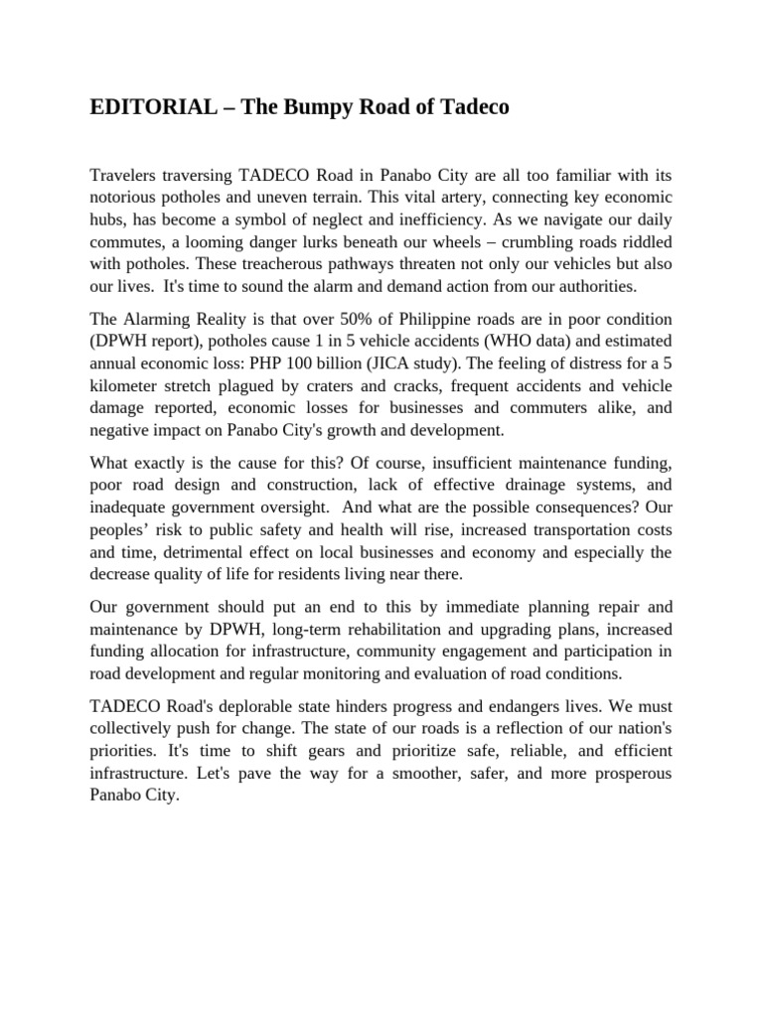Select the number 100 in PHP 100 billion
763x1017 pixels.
pyautogui.click(x=331, y=363)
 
